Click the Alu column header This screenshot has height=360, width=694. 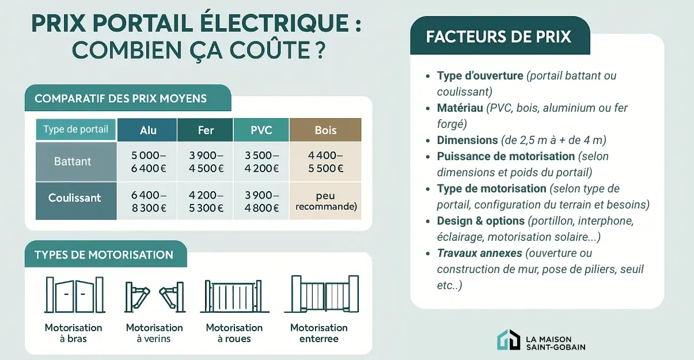tap(147, 130)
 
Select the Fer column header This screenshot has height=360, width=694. tap(206, 130)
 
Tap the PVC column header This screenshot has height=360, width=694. tap(261, 130)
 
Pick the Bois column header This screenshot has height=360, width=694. tap(325, 130)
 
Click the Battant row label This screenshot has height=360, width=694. tap(73, 161)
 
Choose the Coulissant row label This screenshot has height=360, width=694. tap(75, 198)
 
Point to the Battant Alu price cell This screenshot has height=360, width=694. tap(147, 162)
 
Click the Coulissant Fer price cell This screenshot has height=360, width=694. tap(206, 201)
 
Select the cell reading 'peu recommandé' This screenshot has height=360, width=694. tap(325, 201)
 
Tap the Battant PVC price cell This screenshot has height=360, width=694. tap(261, 162)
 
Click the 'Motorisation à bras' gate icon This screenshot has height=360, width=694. tap(74, 295)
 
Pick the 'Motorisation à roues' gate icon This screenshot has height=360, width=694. tap(234, 296)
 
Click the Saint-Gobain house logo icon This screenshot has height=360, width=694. tap(509, 340)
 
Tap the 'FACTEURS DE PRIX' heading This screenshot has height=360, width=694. tap(498, 37)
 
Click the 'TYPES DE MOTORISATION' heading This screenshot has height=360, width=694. tap(104, 255)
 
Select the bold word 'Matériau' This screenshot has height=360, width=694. tap(460, 108)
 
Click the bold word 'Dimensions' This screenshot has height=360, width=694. tap(467, 140)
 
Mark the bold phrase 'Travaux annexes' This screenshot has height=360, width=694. tap(479, 253)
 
